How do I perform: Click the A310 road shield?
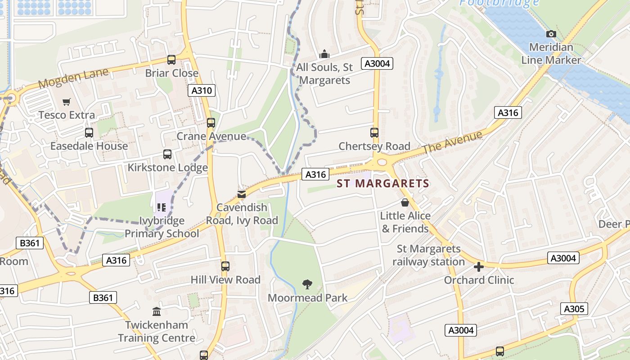pyautogui.click(x=201, y=90)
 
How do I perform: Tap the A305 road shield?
pyautogui.click(x=574, y=309)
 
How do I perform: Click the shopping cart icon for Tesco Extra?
pyautogui.click(x=67, y=102)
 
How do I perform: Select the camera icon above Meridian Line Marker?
pyautogui.click(x=551, y=34)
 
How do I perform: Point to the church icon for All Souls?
pyautogui.click(x=324, y=54)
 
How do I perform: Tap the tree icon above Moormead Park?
pyautogui.click(x=307, y=284)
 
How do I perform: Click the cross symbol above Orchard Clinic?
pyautogui.click(x=479, y=267)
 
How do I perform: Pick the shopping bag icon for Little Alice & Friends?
pyautogui.click(x=405, y=202)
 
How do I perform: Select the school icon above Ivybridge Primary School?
pyautogui.click(x=162, y=207)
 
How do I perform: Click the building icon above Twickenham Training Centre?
pyautogui.click(x=157, y=311)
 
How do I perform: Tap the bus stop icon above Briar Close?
pyautogui.click(x=171, y=59)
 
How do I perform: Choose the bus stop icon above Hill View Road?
pyautogui.click(x=225, y=266)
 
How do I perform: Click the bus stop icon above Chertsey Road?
pyautogui.click(x=374, y=133)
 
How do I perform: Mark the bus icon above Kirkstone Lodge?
pyautogui.click(x=167, y=154)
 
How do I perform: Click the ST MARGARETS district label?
pyautogui.click(x=383, y=184)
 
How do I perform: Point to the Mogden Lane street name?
pyautogui.click(x=73, y=78)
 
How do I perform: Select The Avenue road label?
pyautogui.click(x=453, y=140)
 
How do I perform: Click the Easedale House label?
pyautogui.click(x=89, y=146)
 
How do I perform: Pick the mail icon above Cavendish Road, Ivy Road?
pyautogui.click(x=242, y=194)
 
